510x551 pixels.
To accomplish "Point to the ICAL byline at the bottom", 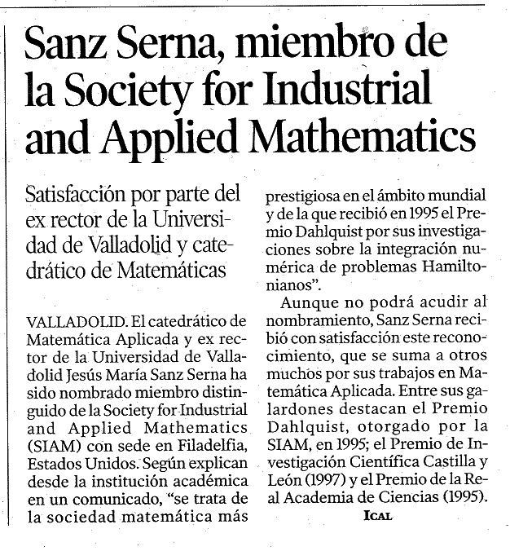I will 379,515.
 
